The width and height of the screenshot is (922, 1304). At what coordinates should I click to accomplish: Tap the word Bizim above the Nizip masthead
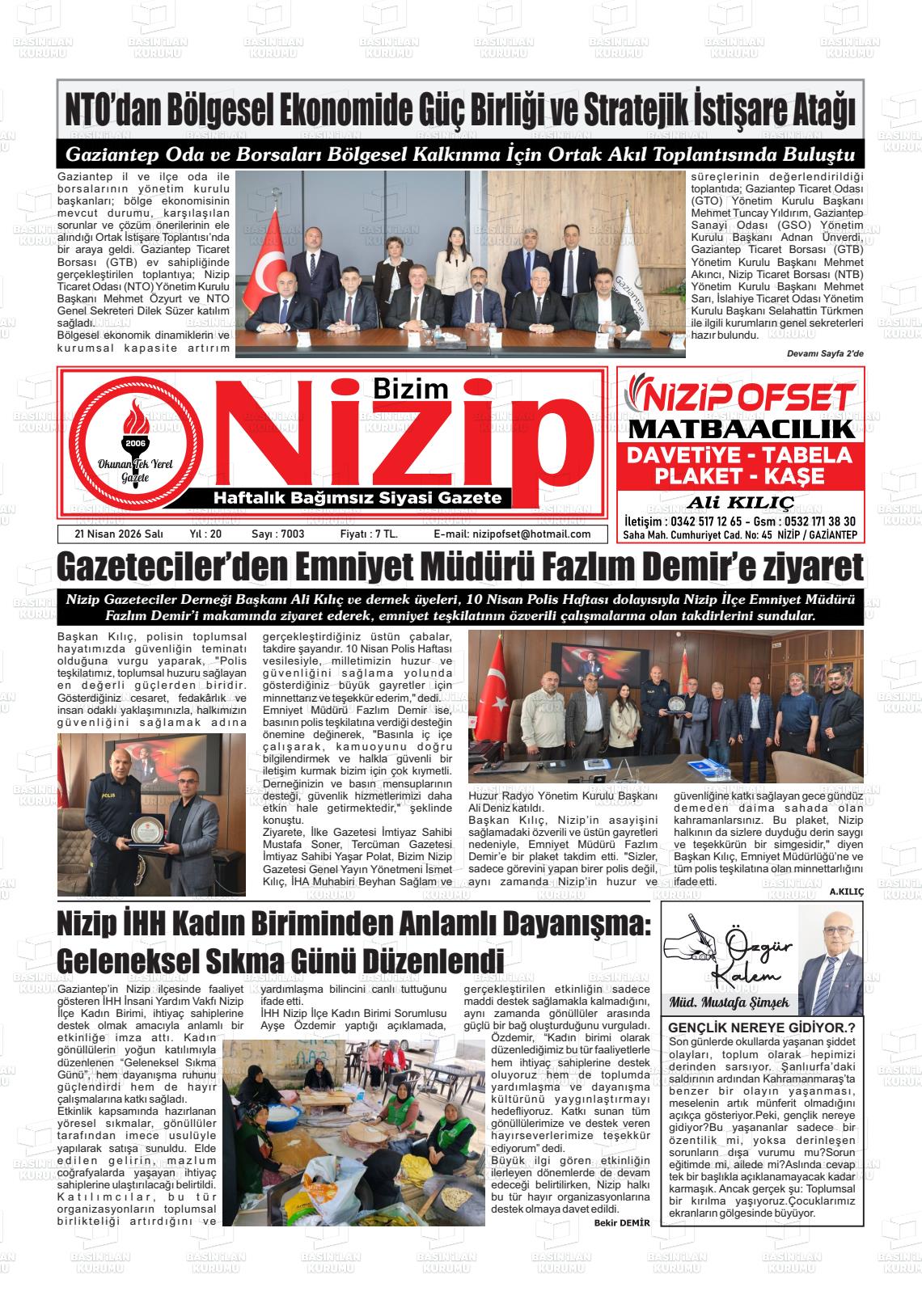tap(411, 389)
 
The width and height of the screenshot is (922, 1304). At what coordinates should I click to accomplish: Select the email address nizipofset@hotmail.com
tap(512, 534)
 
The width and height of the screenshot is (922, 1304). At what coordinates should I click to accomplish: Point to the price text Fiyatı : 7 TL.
tap(369, 534)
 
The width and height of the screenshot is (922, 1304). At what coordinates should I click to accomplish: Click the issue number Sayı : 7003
tap(278, 534)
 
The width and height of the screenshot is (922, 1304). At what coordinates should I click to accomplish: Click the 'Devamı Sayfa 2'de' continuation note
tap(825, 353)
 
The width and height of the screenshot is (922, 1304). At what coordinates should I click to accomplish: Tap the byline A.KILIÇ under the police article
tap(846, 891)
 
